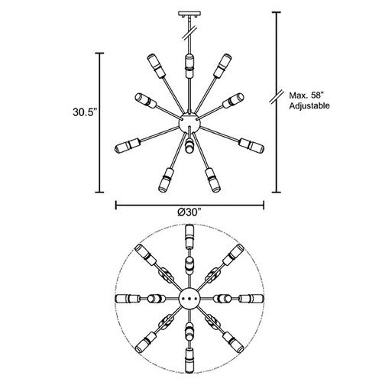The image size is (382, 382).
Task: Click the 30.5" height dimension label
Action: tap(85, 112)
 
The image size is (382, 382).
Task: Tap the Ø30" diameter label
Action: tap(189, 212)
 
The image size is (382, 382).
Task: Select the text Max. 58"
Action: tap(306, 95)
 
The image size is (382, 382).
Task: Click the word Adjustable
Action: tap(309, 105)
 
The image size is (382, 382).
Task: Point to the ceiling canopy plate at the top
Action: tap(189, 14)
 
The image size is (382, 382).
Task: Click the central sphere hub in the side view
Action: tap(189, 123)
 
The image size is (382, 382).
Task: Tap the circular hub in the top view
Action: tap(189, 298)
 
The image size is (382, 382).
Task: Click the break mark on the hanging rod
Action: tap(189, 33)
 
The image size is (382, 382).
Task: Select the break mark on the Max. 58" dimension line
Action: tap(277, 96)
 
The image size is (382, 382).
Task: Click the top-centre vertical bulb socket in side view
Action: tap(189, 66)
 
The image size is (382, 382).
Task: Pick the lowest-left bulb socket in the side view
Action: tap(166, 180)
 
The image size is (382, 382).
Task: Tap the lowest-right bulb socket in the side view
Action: tap(212, 180)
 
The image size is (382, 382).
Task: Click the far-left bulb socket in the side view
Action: tap(128, 146)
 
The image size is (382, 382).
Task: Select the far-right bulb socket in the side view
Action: tap(251, 146)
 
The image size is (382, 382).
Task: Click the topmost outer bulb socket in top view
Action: tap(189, 237)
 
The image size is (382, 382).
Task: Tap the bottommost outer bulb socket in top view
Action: tap(189, 360)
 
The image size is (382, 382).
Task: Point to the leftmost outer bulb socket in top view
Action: tap(128, 298)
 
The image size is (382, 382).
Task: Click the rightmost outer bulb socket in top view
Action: tap(251, 298)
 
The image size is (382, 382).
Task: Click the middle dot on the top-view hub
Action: tap(189, 298)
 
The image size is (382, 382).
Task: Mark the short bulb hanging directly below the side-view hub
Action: tap(189, 146)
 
